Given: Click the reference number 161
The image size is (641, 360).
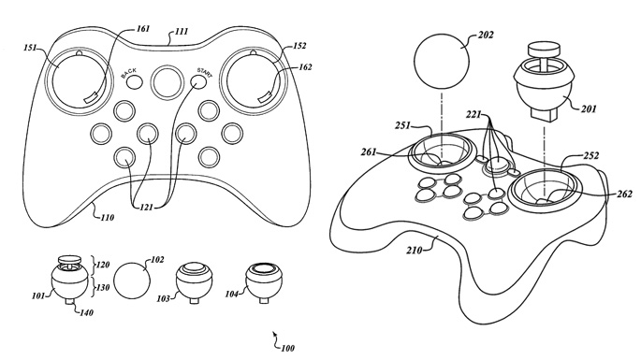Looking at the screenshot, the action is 143,29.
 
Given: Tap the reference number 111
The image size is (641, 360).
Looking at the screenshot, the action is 182,32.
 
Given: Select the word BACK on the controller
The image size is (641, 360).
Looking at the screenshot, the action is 129,73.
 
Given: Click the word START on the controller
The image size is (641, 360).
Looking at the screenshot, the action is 205,72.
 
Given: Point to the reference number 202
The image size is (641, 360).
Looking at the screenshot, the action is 486,36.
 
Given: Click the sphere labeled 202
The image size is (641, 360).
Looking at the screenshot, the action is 442,62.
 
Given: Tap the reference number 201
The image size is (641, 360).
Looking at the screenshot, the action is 589,109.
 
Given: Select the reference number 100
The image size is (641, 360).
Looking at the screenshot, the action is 287,348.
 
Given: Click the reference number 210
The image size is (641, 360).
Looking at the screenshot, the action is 415,250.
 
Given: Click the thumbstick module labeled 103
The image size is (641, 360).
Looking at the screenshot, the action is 195,282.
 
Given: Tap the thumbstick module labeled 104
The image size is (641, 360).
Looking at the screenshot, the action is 264,282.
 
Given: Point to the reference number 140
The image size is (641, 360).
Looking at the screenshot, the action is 86,313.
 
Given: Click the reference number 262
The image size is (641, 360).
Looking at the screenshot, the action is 625,194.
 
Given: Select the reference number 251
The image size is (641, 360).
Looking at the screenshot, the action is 402,126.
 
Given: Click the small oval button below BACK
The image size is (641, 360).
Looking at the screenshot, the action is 134,82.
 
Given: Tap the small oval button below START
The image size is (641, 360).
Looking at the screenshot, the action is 198,82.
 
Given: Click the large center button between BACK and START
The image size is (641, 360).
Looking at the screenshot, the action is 166,82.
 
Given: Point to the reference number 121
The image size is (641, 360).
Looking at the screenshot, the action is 146,208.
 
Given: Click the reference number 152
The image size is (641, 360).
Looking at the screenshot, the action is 299,46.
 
